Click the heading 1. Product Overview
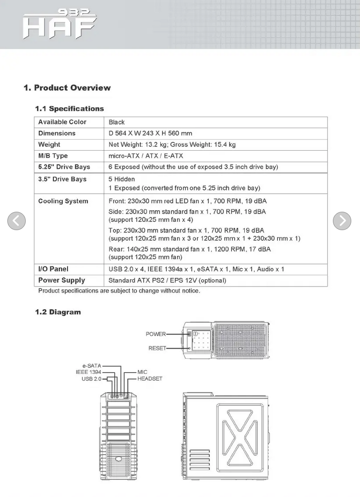click(67, 88)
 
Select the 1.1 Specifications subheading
click(69, 109)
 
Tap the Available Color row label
click(62, 122)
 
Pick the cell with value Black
click(117, 122)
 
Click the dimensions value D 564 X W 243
click(150, 133)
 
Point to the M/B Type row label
click(53, 156)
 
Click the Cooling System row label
click(63, 201)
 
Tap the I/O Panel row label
click(53, 269)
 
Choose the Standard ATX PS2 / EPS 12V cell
click(167, 280)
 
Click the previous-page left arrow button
click(17, 221)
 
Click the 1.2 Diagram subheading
click(58, 312)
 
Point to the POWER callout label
click(156, 334)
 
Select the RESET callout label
click(157, 349)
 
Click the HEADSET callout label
click(150, 379)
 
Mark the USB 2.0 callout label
click(91, 379)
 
